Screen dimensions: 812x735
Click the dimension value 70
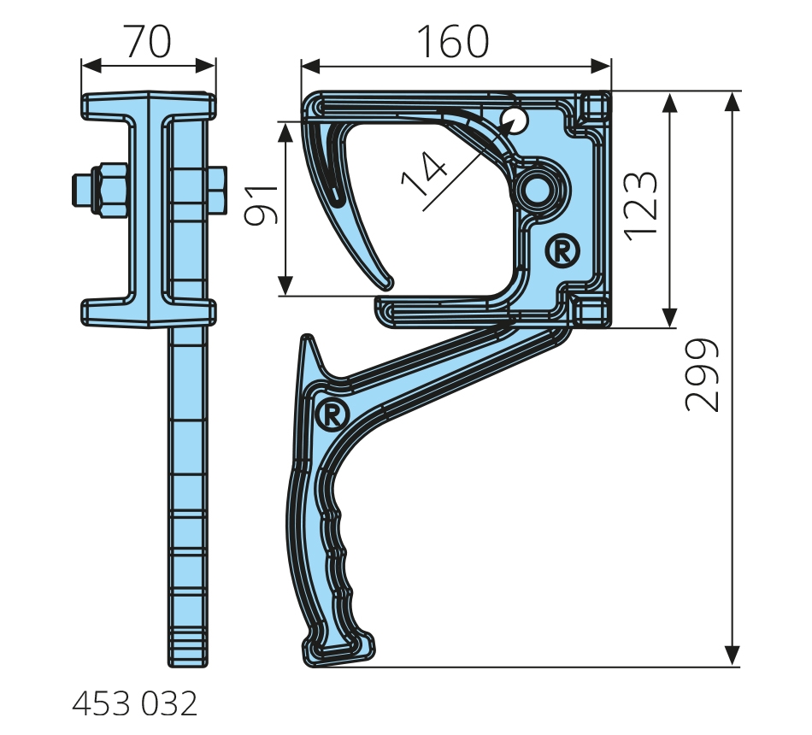pyautogui.click(x=148, y=41)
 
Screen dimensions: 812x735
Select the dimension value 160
pyautogui.click(x=453, y=41)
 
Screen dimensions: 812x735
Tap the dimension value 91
pyautogui.click(x=262, y=206)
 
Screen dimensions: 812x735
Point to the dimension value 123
pyautogui.click(x=640, y=206)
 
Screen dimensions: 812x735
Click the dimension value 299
pyautogui.click(x=703, y=375)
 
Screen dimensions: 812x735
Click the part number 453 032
pyautogui.click(x=135, y=704)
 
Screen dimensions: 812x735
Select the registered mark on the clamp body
pyautogui.click(x=562, y=251)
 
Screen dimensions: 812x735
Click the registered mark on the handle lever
pyautogui.click(x=332, y=413)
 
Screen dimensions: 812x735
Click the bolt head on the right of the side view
pyautogui.click(x=216, y=190)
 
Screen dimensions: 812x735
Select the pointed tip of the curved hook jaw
pyautogui.click(x=388, y=285)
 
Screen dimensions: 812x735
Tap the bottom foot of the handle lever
pyautogui.click(x=338, y=650)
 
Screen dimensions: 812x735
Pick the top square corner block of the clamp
pyautogui.click(x=594, y=107)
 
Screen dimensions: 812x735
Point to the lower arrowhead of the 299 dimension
pyautogui.click(x=731, y=656)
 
